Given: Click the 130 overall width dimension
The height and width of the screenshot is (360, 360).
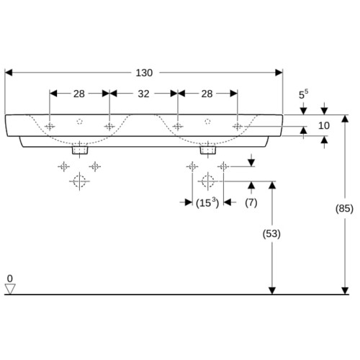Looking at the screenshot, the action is [x=144, y=73].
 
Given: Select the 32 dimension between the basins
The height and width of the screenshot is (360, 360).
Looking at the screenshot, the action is [x=143, y=94].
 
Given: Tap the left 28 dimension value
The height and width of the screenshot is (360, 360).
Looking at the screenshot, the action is [x=79, y=94].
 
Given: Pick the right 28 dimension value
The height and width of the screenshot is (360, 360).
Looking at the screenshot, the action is [x=207, y=94].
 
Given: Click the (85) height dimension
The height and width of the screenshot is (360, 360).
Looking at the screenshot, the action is [x=344, y=208].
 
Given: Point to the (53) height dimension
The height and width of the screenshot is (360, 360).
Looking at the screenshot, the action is [x=271, y=234].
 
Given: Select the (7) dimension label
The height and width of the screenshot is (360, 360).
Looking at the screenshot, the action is [x=251, y=203].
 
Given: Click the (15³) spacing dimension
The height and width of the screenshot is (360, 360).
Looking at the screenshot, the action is [x=207, y=203].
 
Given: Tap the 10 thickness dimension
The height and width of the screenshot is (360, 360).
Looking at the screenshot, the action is [x=324, y=125].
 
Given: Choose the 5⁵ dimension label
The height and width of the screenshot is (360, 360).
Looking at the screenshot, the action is [x=303, y=94].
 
